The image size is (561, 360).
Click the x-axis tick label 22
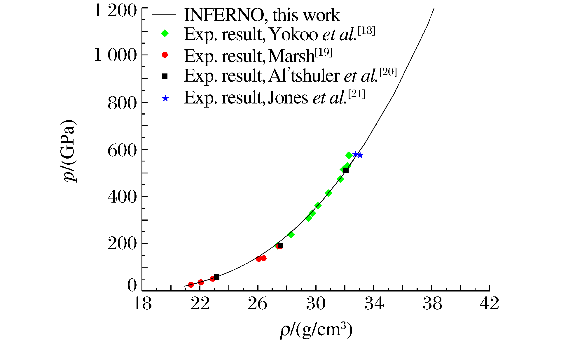200,304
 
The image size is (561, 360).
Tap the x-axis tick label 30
316,304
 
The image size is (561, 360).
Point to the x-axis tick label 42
490,304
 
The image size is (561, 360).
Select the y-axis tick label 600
122,151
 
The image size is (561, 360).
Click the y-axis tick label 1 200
115,12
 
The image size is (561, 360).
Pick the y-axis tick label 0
132,286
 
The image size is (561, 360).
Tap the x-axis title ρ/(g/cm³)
316,331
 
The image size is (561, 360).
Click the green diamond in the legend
165,33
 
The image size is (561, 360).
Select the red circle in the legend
165,55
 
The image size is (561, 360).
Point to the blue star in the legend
165,99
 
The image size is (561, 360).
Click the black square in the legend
165,76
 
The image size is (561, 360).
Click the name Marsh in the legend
291,56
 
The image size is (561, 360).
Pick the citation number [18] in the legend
366,31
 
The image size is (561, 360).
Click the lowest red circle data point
191,285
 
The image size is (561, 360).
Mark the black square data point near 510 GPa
346,170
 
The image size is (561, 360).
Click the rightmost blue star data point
360,155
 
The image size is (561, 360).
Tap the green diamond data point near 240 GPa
291,235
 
